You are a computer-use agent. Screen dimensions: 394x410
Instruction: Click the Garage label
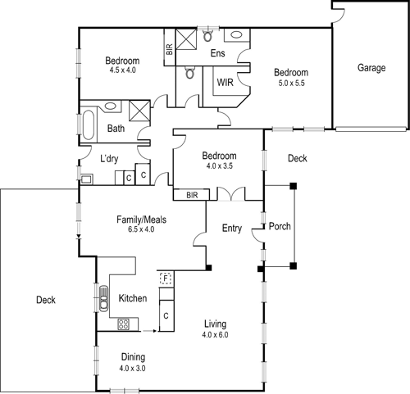pos(371,68)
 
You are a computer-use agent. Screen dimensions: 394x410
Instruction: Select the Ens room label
pos(217,54)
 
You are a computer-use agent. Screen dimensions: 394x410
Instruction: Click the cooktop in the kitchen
pos(124,324)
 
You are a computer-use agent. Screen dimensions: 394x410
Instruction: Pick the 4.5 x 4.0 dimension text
pos(121,71)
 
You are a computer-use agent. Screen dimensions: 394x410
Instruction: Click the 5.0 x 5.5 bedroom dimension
pos(291,83)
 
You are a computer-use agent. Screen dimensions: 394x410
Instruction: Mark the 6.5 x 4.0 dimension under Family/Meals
pos(136,229)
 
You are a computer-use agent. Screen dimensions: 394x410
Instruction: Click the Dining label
pos(133,357)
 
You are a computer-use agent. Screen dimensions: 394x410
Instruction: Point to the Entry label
pos(232,229)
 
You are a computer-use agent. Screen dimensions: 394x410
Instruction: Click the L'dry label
pos(112,159)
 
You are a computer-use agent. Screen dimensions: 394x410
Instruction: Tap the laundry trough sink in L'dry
pos(86,177)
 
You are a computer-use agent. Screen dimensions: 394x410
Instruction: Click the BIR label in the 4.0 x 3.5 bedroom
pos(193,195)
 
